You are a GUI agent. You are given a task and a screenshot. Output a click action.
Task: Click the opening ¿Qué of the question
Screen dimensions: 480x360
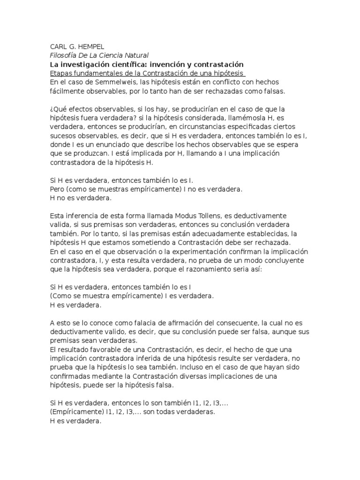pyautogui.click(x=58, y=109)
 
